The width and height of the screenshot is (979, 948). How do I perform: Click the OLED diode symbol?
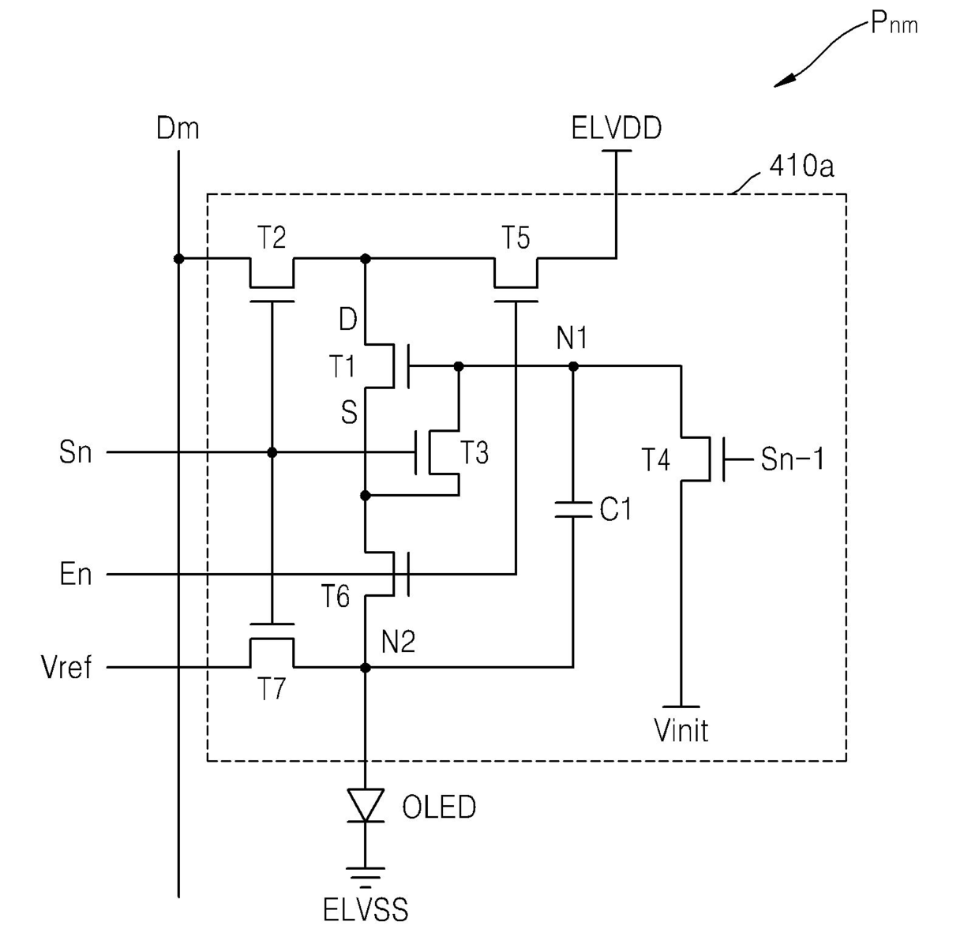366,805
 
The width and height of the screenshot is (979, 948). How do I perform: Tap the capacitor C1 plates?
573,509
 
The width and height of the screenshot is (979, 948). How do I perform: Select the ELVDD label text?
617,128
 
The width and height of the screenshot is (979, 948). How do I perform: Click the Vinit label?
681,730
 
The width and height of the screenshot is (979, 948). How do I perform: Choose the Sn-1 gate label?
793,459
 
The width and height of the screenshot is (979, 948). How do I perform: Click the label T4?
655,459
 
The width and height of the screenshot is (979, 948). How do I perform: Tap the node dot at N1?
573,366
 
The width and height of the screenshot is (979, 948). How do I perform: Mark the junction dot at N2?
366,668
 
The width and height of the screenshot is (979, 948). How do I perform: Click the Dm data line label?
178,128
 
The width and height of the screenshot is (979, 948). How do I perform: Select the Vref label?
66,667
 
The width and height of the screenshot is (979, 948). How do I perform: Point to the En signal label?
76,574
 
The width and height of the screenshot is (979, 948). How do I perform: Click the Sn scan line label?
76,452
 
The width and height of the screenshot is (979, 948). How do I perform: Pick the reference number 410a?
801,166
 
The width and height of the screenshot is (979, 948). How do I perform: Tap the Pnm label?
894,23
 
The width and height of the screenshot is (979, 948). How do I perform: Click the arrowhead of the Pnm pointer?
784,81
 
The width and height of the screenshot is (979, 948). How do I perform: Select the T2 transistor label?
272,238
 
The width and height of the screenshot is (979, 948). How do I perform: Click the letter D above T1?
348,318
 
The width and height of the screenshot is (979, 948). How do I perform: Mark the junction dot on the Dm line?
178,259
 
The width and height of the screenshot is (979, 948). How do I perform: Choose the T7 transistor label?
272,688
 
